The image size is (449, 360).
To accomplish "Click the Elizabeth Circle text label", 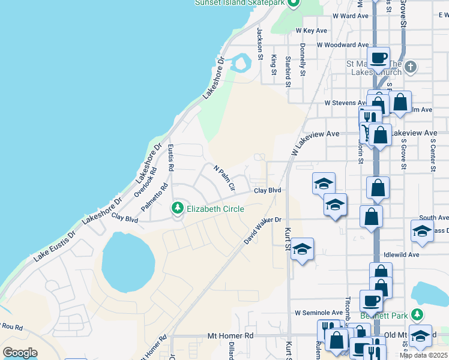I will (215, 209).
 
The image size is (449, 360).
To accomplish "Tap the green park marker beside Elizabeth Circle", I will (177, 208).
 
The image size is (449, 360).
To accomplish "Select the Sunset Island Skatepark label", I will (240, 2).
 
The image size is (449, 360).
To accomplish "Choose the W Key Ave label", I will (312, 31).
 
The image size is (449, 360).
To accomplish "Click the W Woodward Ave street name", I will (343, 45).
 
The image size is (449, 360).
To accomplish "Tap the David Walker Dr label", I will (263, 230).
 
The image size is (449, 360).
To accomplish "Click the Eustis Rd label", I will (170, 157).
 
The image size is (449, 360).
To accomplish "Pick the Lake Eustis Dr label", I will (55, 245).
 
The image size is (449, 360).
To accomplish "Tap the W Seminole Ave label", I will (318, 313).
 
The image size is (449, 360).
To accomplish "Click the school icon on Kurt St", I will (302, 249).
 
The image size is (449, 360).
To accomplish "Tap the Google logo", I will (20, 353).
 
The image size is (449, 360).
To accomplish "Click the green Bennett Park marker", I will (414, 314).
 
